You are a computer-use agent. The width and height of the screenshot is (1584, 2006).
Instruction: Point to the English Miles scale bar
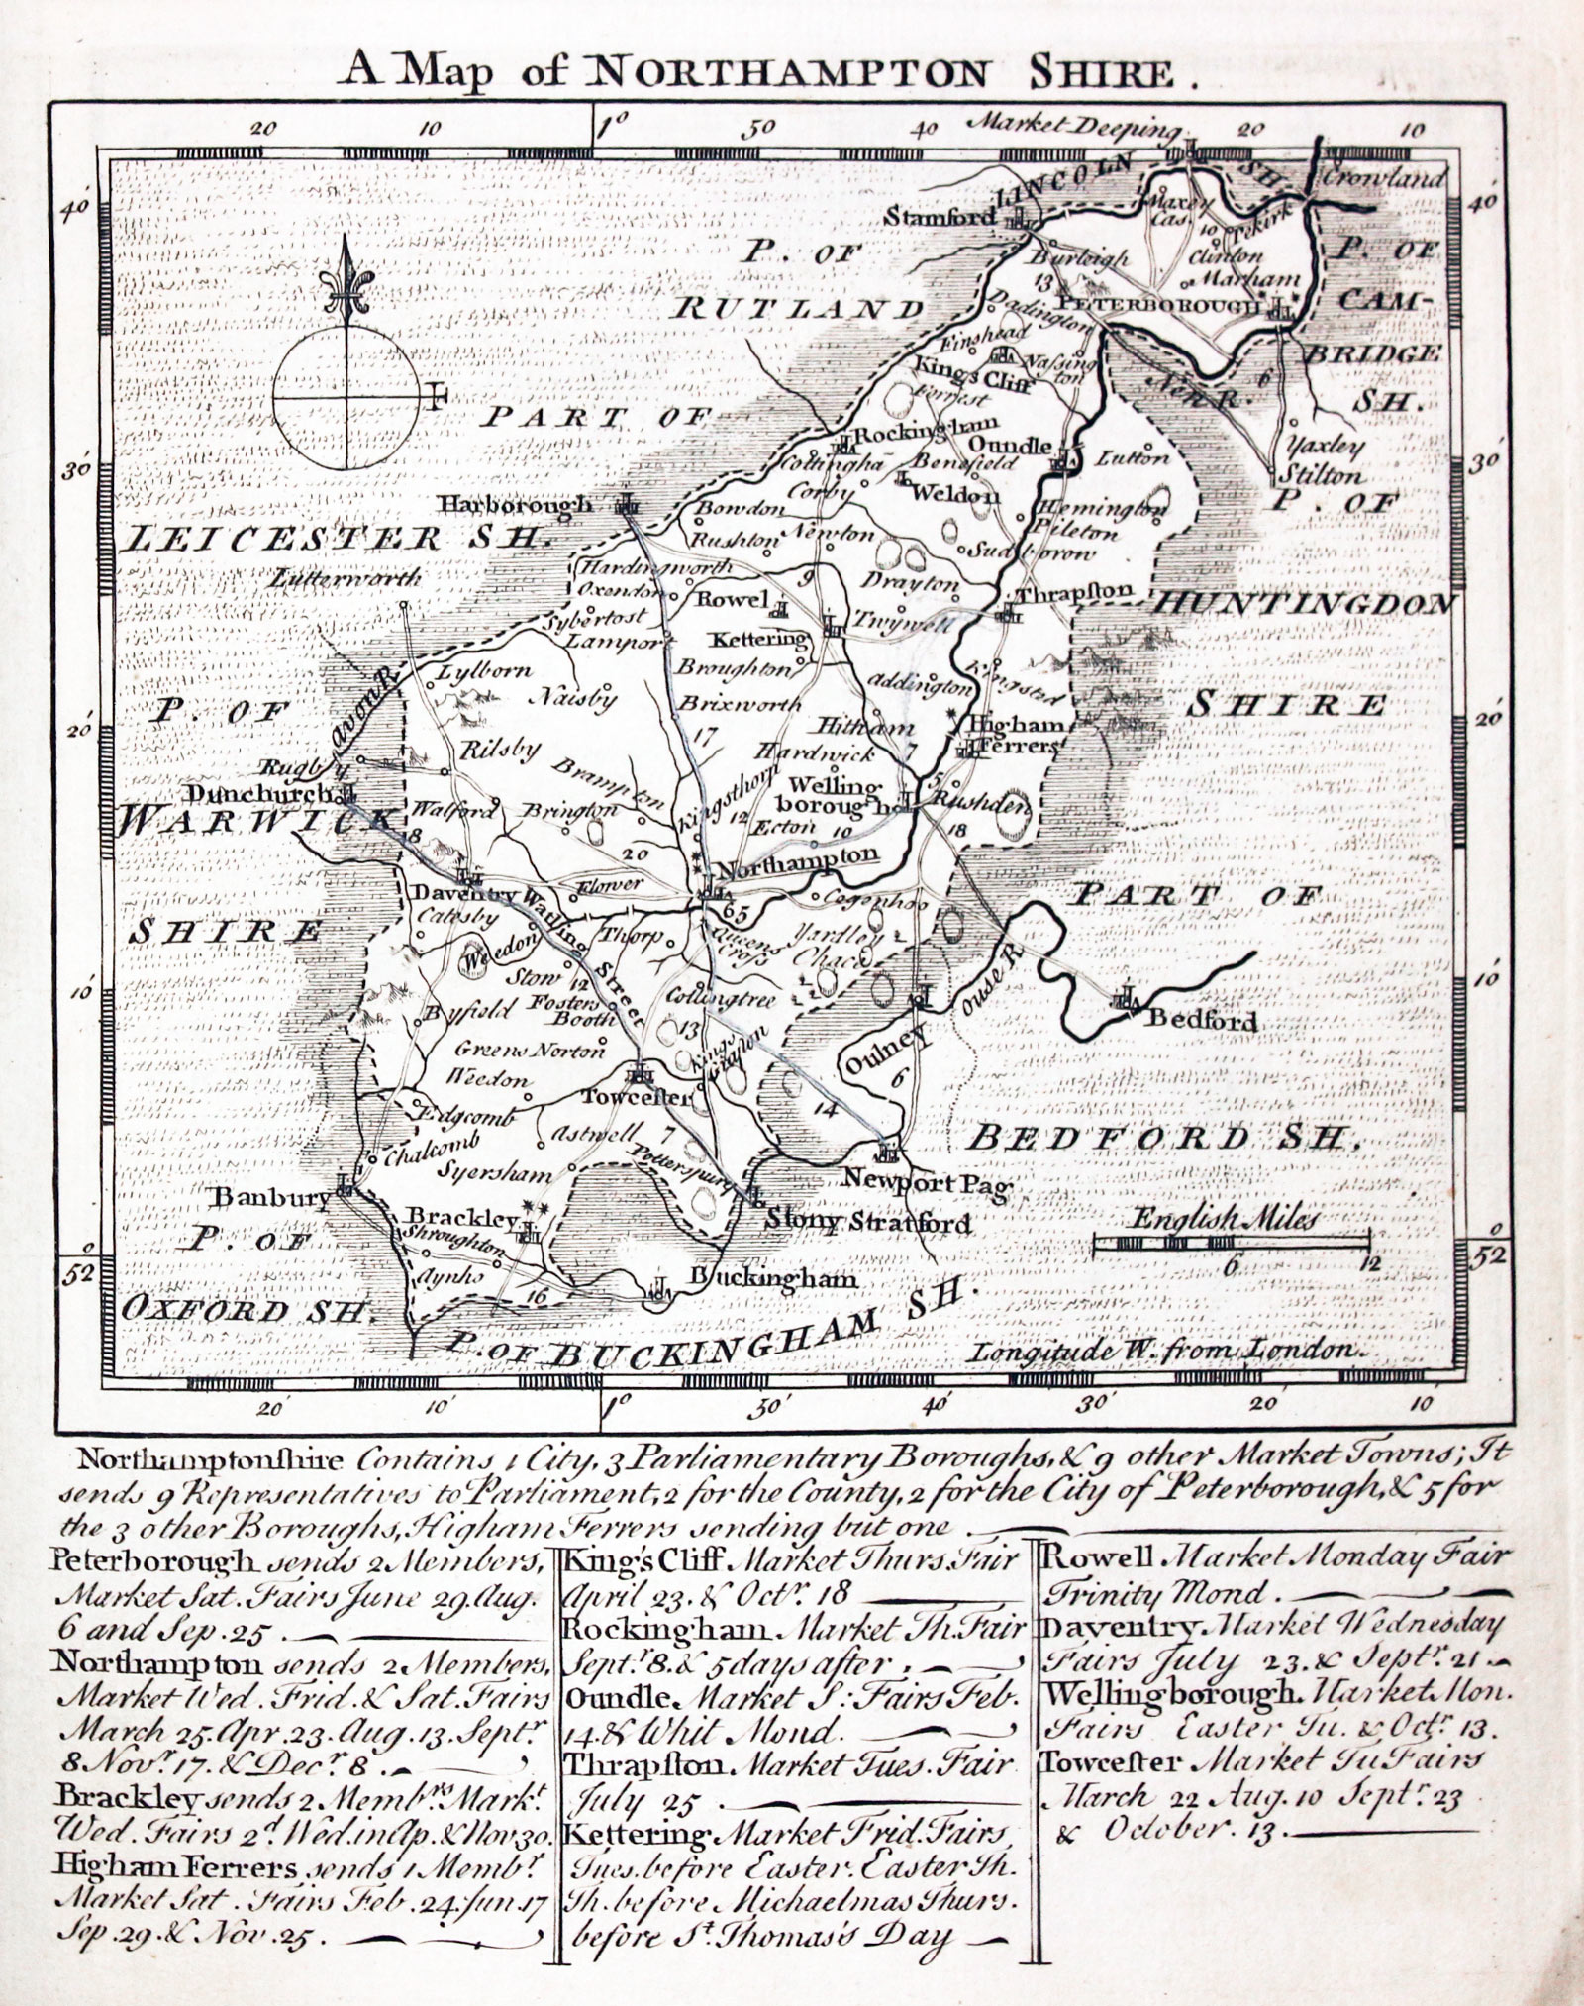[x=1232, y=1240]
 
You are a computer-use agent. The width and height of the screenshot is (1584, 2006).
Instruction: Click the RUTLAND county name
[x=797, y=308]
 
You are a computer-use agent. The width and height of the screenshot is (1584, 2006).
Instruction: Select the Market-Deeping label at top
[x=1073, y=129]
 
